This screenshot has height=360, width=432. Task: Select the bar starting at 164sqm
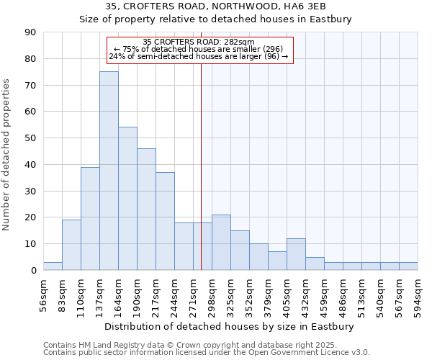pos(127,199)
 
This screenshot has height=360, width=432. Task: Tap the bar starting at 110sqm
pos(90,218)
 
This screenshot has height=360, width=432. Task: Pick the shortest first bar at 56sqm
pos(53,266)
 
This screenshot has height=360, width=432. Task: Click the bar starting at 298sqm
pos(221,243)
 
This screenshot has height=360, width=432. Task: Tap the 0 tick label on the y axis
pos(35,271)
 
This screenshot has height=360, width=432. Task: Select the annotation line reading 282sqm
pos(199,42)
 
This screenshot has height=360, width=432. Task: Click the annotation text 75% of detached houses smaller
pos(199,49)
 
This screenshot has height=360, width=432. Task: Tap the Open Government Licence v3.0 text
pos(313,352)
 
